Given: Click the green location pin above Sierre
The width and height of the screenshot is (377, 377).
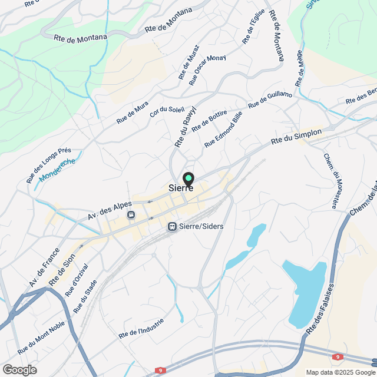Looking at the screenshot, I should pos(188,178).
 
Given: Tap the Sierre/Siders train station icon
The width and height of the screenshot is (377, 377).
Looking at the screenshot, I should pos(172,226).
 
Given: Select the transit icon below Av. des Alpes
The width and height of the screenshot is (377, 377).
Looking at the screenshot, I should pos(130,215).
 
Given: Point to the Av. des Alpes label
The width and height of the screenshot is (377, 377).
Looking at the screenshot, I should pos(110,209).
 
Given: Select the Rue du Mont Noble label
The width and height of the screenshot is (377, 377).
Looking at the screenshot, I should pos(41,336).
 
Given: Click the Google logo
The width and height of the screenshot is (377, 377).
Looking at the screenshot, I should pos(19,369).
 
